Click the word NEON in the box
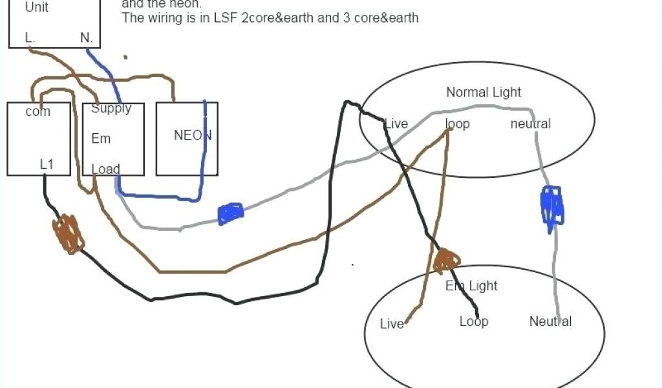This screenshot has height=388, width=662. click(193, 136)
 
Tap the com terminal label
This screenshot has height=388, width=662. click(38, 112)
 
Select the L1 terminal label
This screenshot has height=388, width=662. click(47, 164)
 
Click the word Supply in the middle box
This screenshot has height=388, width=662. click(111, 109)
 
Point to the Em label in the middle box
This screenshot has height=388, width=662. click(101, 138)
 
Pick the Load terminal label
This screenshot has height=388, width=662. click(105, 169)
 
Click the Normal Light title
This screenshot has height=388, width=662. click(484, 92)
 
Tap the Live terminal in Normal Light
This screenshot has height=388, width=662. click(396, 124)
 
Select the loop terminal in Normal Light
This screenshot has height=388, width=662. click(458, 124)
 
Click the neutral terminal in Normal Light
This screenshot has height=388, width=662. click(531, 124)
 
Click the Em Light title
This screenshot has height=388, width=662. click(471, 285)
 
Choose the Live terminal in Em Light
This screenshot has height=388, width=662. click(392, 324)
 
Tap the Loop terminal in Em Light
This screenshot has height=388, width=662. click(474, 321)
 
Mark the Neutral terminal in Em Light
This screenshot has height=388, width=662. click(550, 321)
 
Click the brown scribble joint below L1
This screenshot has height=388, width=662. click(69, 233)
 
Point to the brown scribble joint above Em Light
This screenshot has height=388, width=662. click(445, 261)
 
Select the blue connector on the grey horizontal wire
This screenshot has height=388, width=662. click(230, 213)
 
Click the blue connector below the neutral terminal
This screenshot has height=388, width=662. click(551, 205)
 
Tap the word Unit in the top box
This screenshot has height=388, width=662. click(37, 8)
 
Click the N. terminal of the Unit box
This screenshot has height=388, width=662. click(87, 38)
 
